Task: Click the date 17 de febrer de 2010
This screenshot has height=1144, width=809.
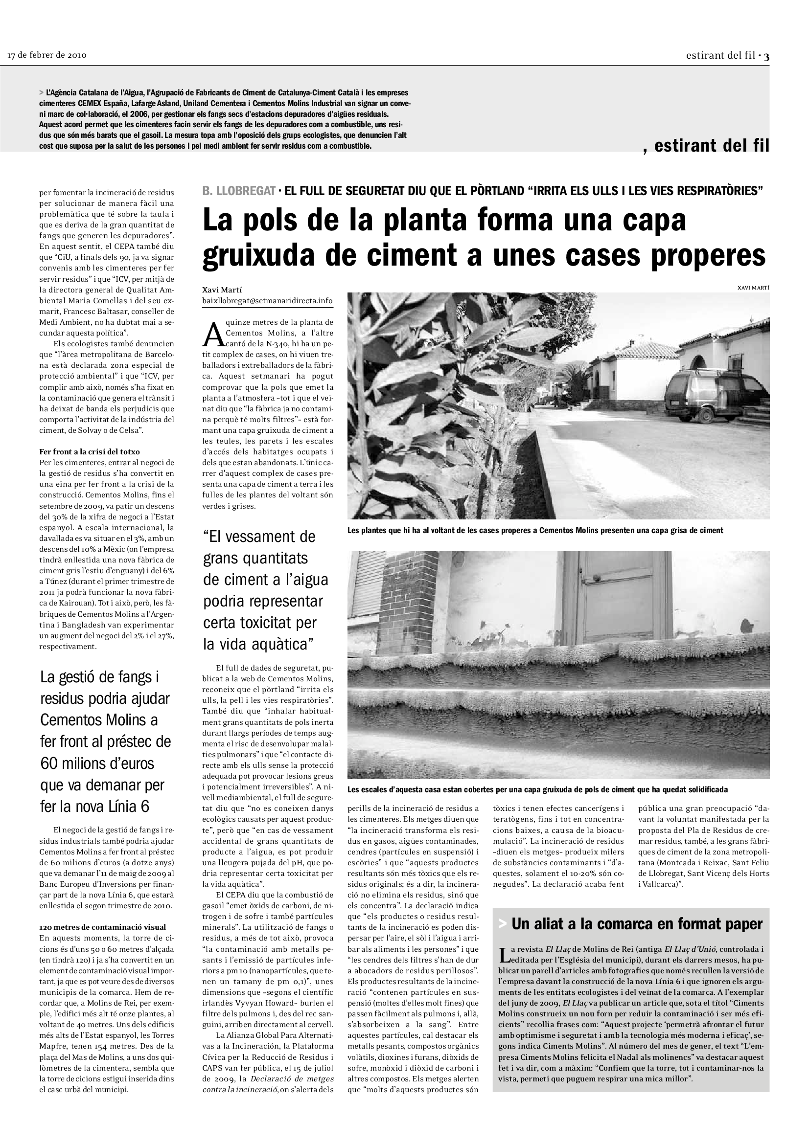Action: (47, 55)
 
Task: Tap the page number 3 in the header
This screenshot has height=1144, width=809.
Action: (766, 56)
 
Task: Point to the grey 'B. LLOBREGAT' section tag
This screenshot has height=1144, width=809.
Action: (239, 191)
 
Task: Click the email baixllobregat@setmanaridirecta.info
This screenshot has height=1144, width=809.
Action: (267, 301)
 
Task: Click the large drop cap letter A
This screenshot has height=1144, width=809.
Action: (213, 335)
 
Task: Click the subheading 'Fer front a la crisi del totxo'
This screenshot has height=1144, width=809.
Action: (90, 452)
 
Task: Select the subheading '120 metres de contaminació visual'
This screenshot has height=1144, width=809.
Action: (103, 927)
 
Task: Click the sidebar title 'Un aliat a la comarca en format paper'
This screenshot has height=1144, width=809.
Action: (637, 924)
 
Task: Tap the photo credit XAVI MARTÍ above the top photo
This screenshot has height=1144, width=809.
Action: (753, 288)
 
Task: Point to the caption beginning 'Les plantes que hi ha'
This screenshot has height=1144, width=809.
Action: (535, 531)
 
